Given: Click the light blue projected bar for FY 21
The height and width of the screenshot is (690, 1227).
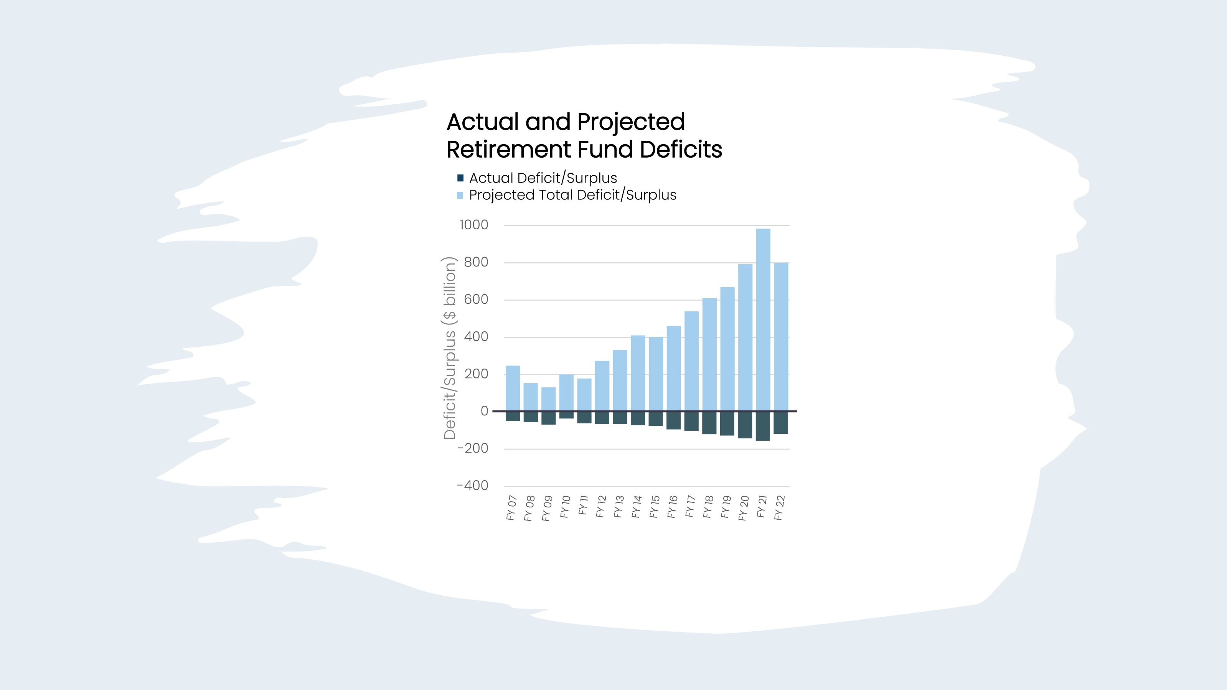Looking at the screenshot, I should (763, 320).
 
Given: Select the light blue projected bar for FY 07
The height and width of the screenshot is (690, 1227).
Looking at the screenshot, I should (513, 388).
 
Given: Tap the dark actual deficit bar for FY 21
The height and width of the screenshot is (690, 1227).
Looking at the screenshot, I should (763, 426).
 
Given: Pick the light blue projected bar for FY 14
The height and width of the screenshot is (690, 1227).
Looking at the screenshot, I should (638, 373).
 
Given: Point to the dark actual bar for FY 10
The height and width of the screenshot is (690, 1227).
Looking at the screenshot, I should (566, 415).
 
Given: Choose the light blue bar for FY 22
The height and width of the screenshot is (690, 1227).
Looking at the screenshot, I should (781, 337).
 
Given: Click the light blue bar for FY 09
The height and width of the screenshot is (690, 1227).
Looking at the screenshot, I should (548, 399).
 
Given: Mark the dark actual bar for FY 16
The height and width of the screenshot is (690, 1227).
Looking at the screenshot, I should (673, 420).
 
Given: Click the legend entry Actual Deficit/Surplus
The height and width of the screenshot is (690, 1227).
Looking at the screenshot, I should (543, 178).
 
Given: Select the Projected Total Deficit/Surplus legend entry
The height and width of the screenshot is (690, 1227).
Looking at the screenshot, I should (572, 195).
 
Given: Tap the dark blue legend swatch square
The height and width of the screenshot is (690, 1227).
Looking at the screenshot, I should (460, 178).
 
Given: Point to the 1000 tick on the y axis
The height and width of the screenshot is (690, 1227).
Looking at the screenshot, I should (474, 225).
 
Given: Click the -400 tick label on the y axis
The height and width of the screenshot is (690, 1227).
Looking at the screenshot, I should (473, 486).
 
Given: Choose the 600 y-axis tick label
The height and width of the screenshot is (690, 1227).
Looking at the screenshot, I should (476, 300).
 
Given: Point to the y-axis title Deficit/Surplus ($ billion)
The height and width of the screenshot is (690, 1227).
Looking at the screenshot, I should (450, 347).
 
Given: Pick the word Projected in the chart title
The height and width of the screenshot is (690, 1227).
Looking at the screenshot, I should (631, 122).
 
